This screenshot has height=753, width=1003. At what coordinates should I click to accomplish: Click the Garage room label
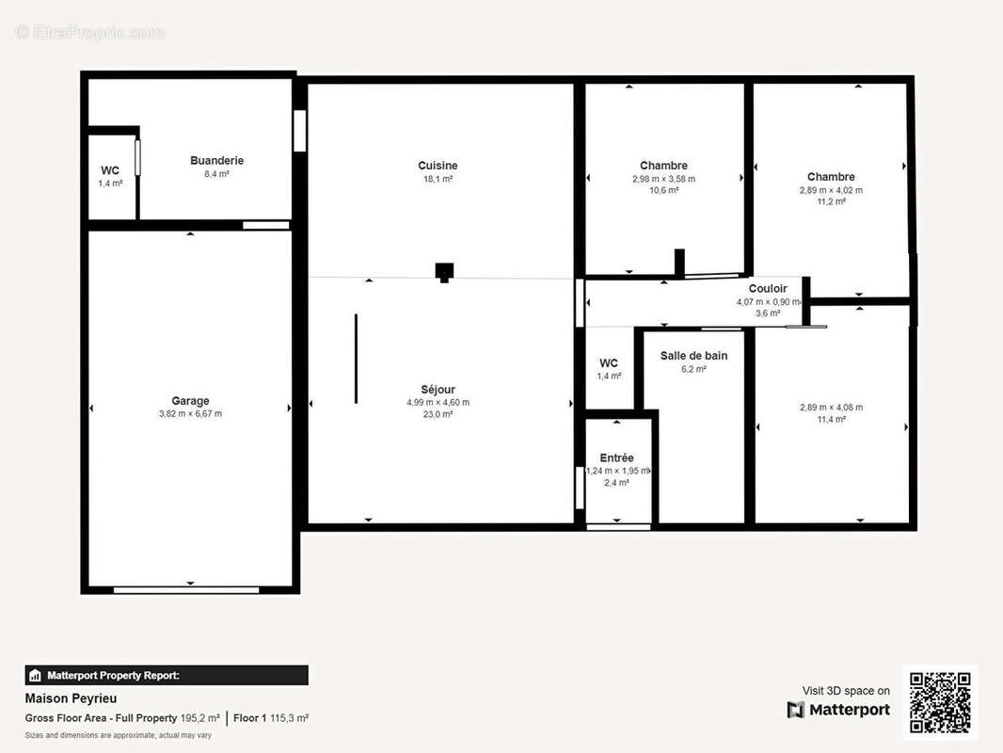point(190,400)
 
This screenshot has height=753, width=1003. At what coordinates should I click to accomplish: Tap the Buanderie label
point(216,161)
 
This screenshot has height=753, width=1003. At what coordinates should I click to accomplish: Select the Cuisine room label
point(438,166)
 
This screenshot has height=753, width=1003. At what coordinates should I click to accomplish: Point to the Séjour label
point(438,389)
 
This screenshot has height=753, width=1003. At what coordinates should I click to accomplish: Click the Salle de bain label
point(694,356)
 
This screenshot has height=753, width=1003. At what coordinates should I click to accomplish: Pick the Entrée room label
point(616,457)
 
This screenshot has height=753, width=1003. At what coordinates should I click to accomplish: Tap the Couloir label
point(768,289)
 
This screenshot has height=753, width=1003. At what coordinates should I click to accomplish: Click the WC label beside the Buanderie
point(110,170)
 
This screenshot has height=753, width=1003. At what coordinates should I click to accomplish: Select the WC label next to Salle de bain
point(609,362)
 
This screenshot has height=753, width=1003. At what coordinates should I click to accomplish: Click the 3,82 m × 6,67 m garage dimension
point(191,414)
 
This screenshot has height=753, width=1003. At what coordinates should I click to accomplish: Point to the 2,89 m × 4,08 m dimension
point(831,408)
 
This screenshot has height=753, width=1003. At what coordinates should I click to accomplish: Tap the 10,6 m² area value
point(664,190)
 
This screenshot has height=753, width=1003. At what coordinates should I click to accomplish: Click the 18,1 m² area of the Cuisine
point(438,179)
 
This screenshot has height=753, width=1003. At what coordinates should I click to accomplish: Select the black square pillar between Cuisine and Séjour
point(444,271)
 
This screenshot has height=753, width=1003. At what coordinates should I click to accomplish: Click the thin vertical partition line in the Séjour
point(357,359)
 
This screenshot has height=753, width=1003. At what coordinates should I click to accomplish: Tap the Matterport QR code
point(940,702)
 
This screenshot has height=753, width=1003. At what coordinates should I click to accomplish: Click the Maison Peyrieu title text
point(71,698)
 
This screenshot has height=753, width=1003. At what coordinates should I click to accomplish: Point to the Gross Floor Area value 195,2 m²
point(200,718)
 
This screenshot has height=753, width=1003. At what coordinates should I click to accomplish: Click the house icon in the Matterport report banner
point(35,676)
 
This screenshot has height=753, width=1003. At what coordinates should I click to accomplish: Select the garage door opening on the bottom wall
point(186,590)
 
